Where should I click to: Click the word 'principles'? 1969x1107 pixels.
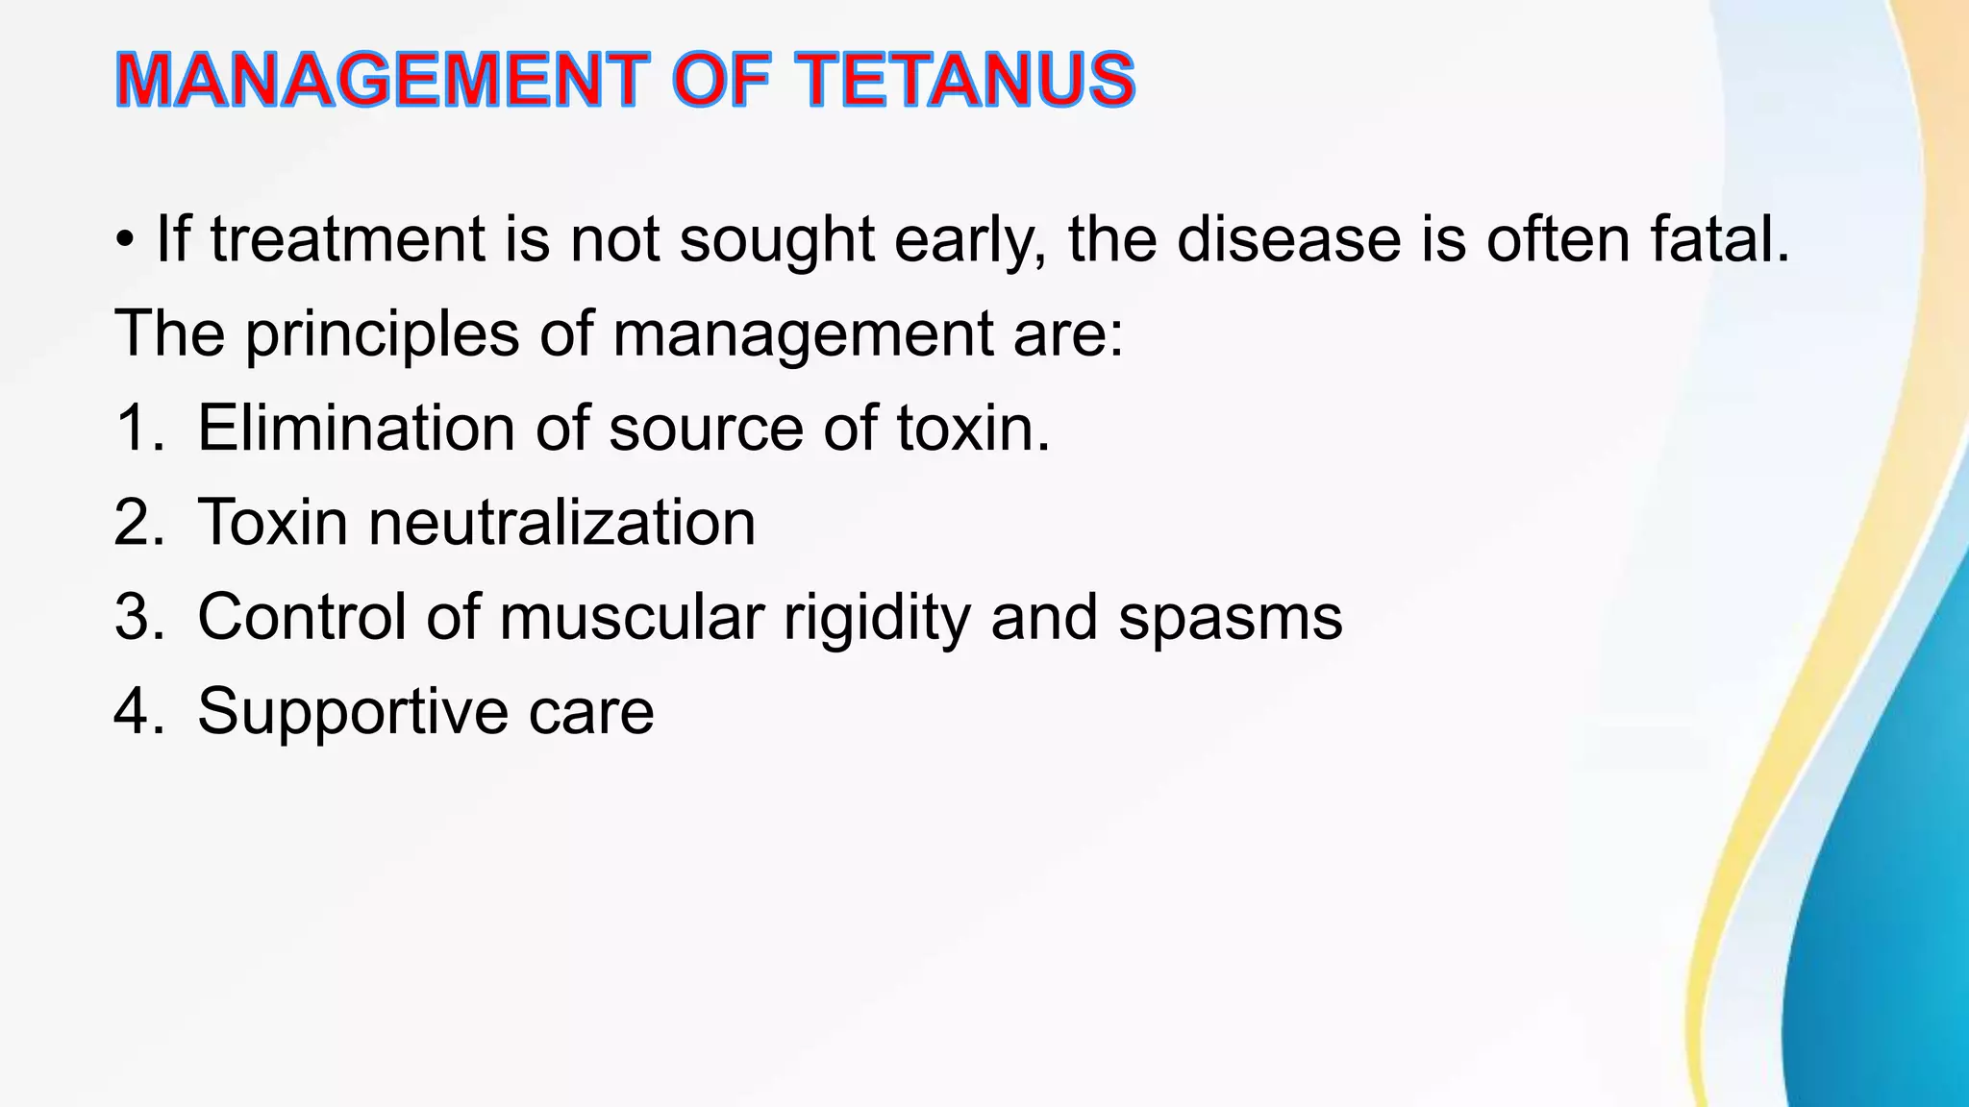tap(382, 334)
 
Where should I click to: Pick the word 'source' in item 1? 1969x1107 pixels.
tap(706, 429)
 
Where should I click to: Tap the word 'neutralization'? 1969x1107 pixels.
tap(561, 523)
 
